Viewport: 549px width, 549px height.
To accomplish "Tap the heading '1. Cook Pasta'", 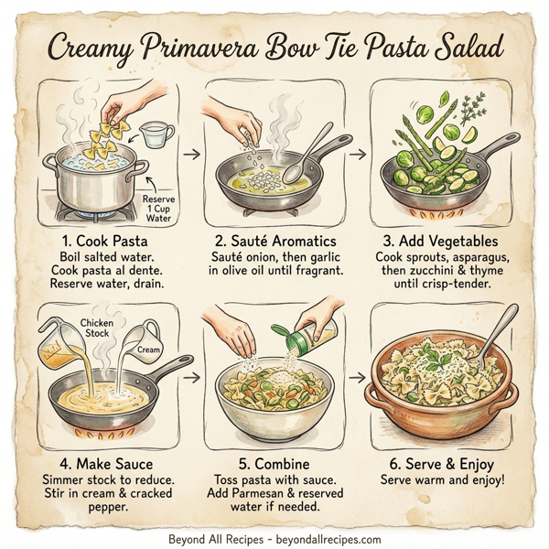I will (x=97, y=242).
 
